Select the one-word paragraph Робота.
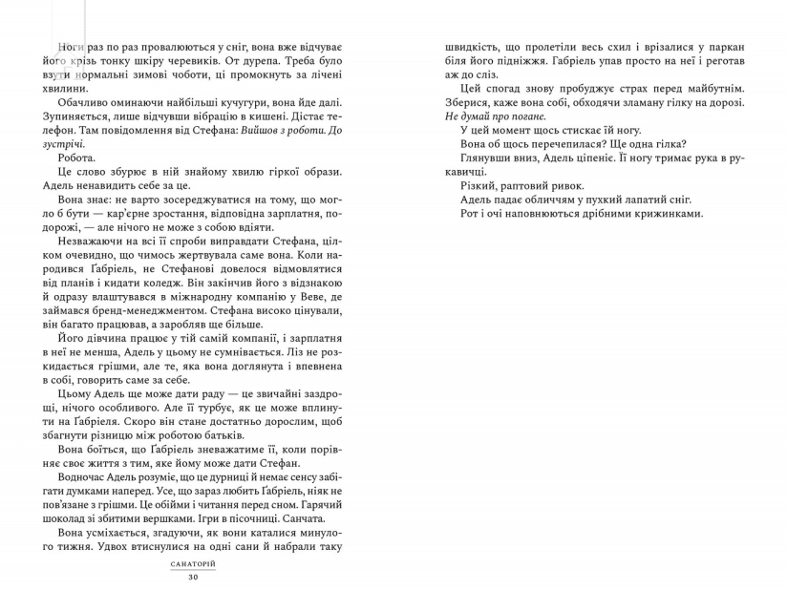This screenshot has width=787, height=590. pyautogui.click(x=77, y=158)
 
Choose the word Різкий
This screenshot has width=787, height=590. pyautogui.click(x=479, y=185)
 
